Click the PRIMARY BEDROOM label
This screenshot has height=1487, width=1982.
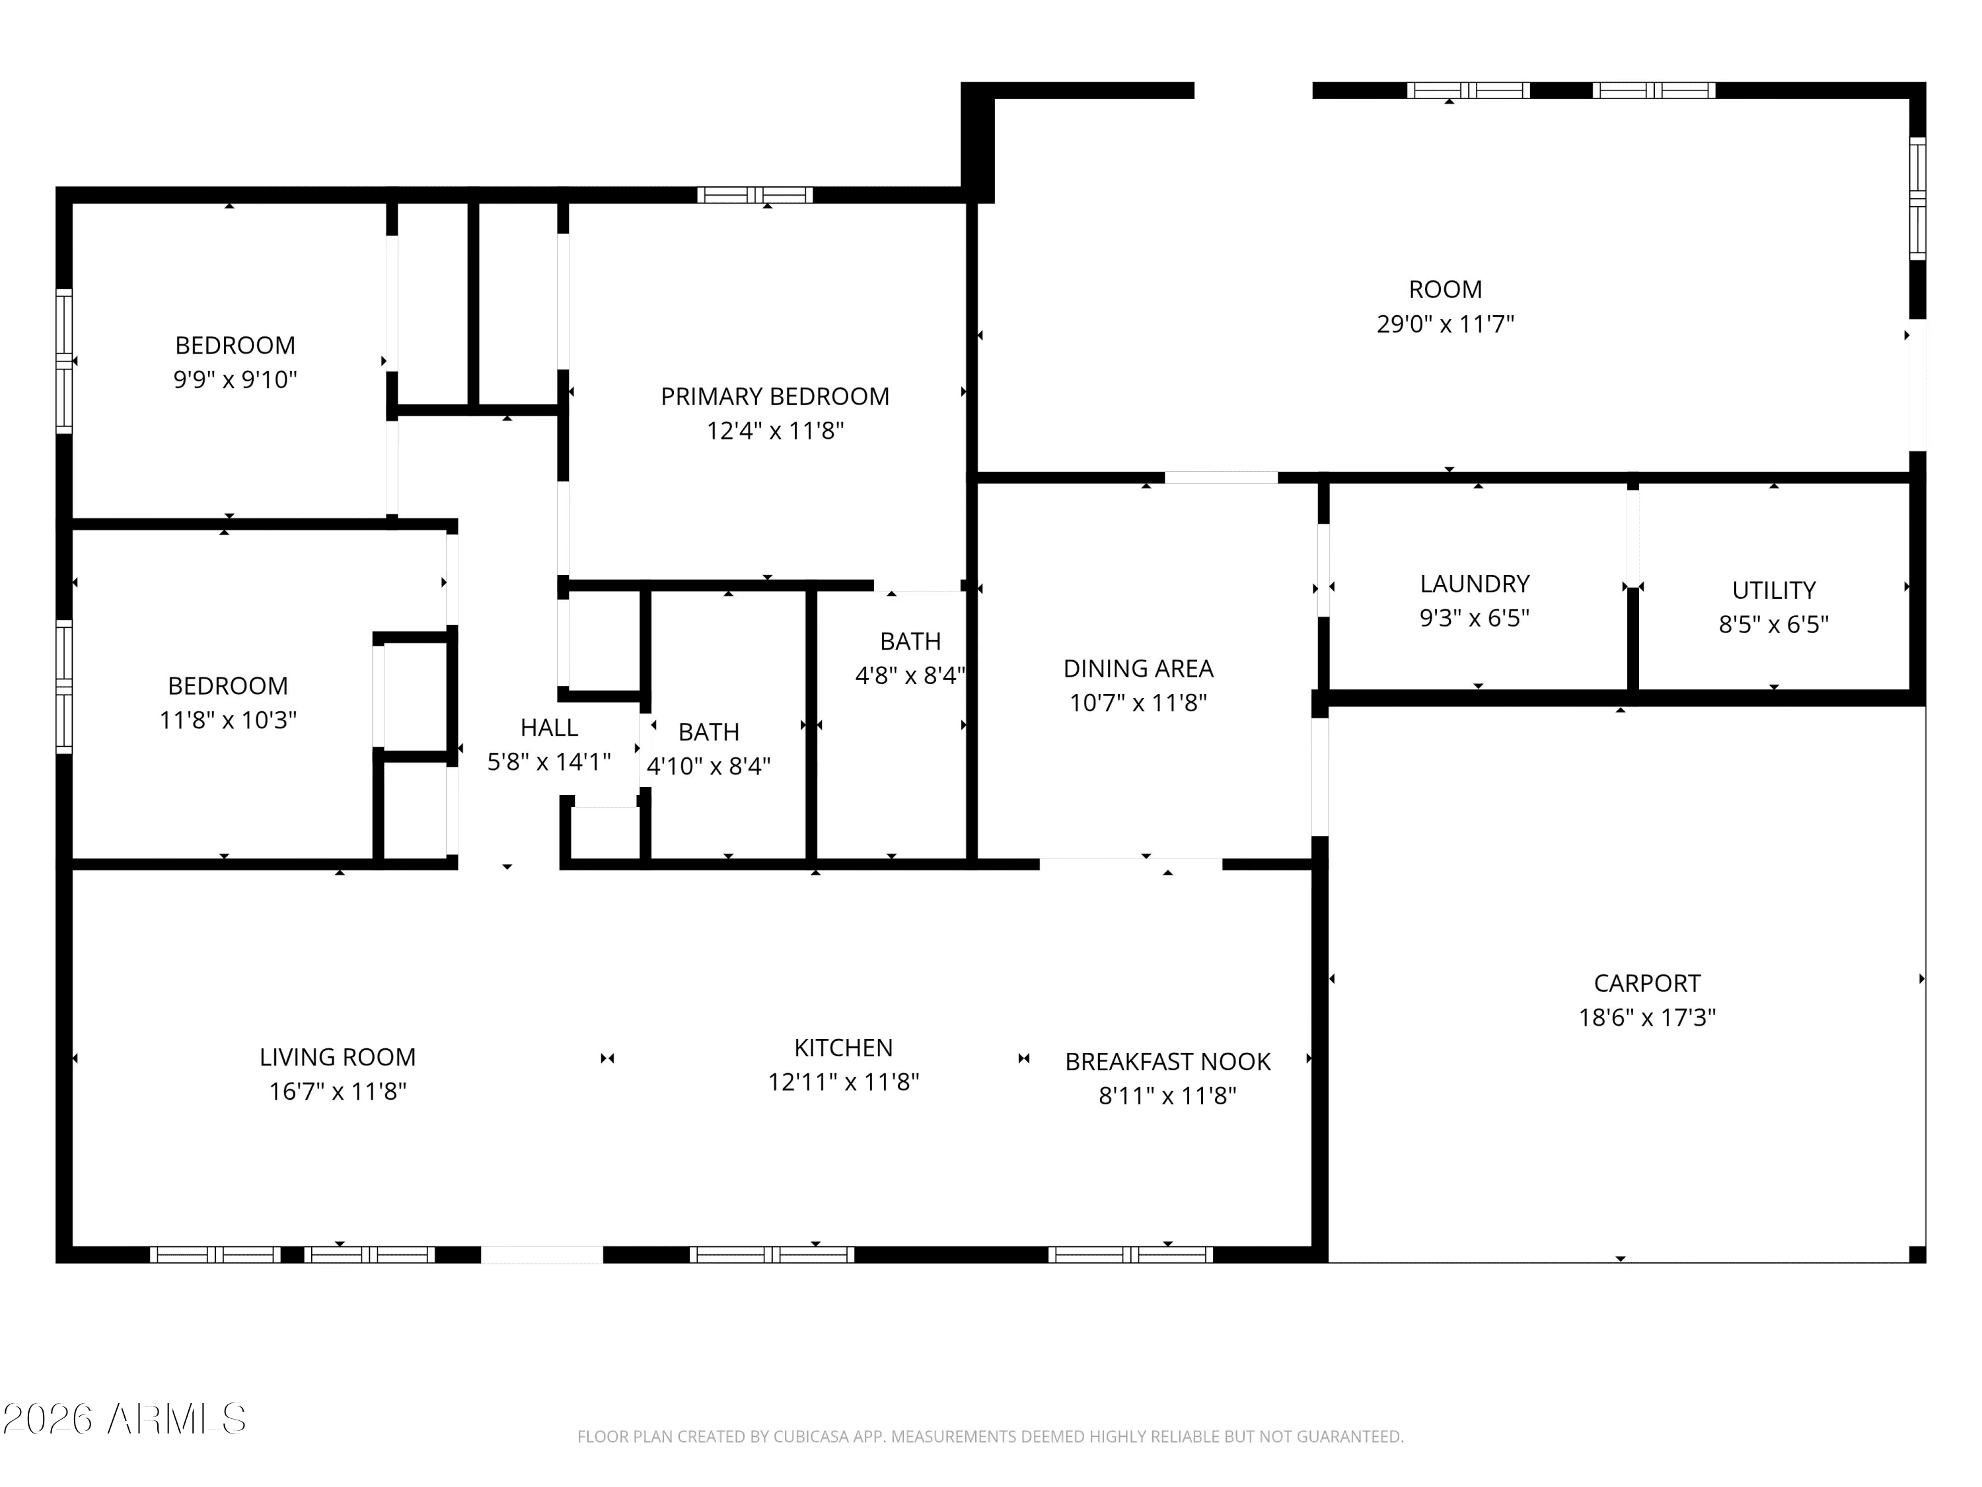pyautogui.click(x=774, y=396)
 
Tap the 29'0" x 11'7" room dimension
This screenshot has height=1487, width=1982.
pyautogui.click(x=1444, y=324)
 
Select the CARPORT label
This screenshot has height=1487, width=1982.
pyautogui.click(x=1646, y=983)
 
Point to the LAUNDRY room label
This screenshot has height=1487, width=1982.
pyautogui.click(x=1474, y=584)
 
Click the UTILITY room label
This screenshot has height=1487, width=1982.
pyautogui.click(x=1773, y=590)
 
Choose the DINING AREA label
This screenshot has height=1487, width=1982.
pyautogui.click(x=1138, y=667)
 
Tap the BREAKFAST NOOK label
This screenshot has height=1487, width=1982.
pyautogui.click(x=1167, y=1061)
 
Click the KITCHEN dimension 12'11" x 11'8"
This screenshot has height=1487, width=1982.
pyautogui.click(x=843, y=1082)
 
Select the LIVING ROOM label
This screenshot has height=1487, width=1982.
pyautogui.click(x=337, y=1057)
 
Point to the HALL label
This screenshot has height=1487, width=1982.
pyautogui.click(x=548, y=727)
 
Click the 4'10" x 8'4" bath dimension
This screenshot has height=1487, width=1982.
pyautogui.click(x=708, y=765)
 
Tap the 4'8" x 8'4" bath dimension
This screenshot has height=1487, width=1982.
pyautogui.click(x=910, y=675)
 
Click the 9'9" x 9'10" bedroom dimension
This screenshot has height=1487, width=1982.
pyautogui.click(x=235, y=379)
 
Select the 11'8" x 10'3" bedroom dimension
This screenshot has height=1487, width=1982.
pyautogui.click(x=227, y=720)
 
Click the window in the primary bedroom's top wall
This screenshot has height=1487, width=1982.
pyautogui.click(x=754, y=194)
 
